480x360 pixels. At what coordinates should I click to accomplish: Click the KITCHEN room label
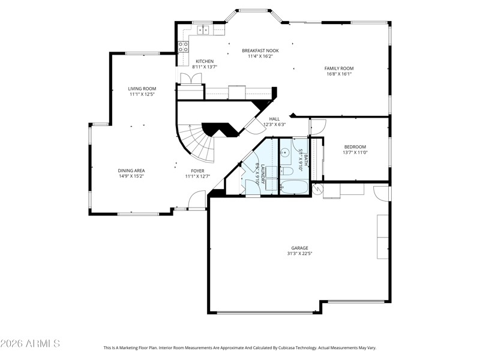pos(205,61)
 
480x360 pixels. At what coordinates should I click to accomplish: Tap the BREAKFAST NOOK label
pos(260,50)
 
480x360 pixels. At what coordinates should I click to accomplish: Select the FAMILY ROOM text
pos(339,68)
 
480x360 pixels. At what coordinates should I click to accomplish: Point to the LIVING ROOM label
pos(142,89)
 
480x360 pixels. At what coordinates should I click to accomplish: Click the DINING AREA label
pos(131,170)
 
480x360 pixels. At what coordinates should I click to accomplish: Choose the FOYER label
pos(197,171)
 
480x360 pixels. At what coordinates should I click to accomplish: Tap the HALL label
pos(275,119)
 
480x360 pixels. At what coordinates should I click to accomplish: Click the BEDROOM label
pos(355,147)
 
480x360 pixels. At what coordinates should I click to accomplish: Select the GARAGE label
pos(299,248)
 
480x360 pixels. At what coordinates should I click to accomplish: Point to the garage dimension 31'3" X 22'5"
pos(299,253)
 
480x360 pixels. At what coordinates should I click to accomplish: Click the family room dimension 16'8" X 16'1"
pos(339,74)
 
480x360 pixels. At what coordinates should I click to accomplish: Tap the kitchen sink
pos(203,29)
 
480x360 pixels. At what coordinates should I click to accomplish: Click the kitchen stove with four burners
pos(184,47)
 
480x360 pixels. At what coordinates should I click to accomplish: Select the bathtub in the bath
pos(295,187)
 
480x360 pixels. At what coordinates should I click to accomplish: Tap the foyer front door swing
pos(197,200)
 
